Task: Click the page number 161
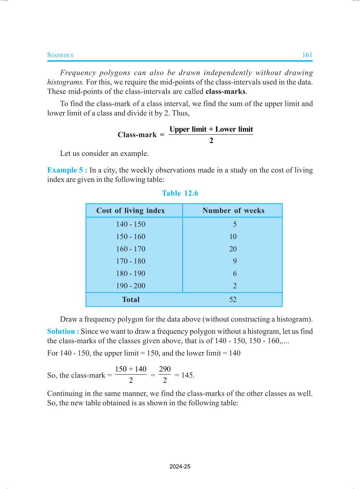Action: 307,55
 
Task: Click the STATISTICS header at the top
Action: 60,55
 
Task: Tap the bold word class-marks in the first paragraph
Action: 225,92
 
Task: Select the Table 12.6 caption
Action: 180,193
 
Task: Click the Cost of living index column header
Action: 131,211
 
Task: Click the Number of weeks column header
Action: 233,211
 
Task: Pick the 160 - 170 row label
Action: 131,249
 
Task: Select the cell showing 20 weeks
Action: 233,249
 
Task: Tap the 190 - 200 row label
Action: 131,286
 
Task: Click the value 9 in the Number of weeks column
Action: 235,261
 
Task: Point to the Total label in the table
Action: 131,300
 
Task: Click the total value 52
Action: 233,300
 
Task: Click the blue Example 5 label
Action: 67,170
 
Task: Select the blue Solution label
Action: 63,331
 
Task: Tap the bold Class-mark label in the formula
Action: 137,135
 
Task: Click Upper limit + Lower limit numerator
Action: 211,129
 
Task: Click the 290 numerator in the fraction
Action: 165,369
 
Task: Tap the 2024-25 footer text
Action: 180,466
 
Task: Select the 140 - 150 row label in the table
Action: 131,224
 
